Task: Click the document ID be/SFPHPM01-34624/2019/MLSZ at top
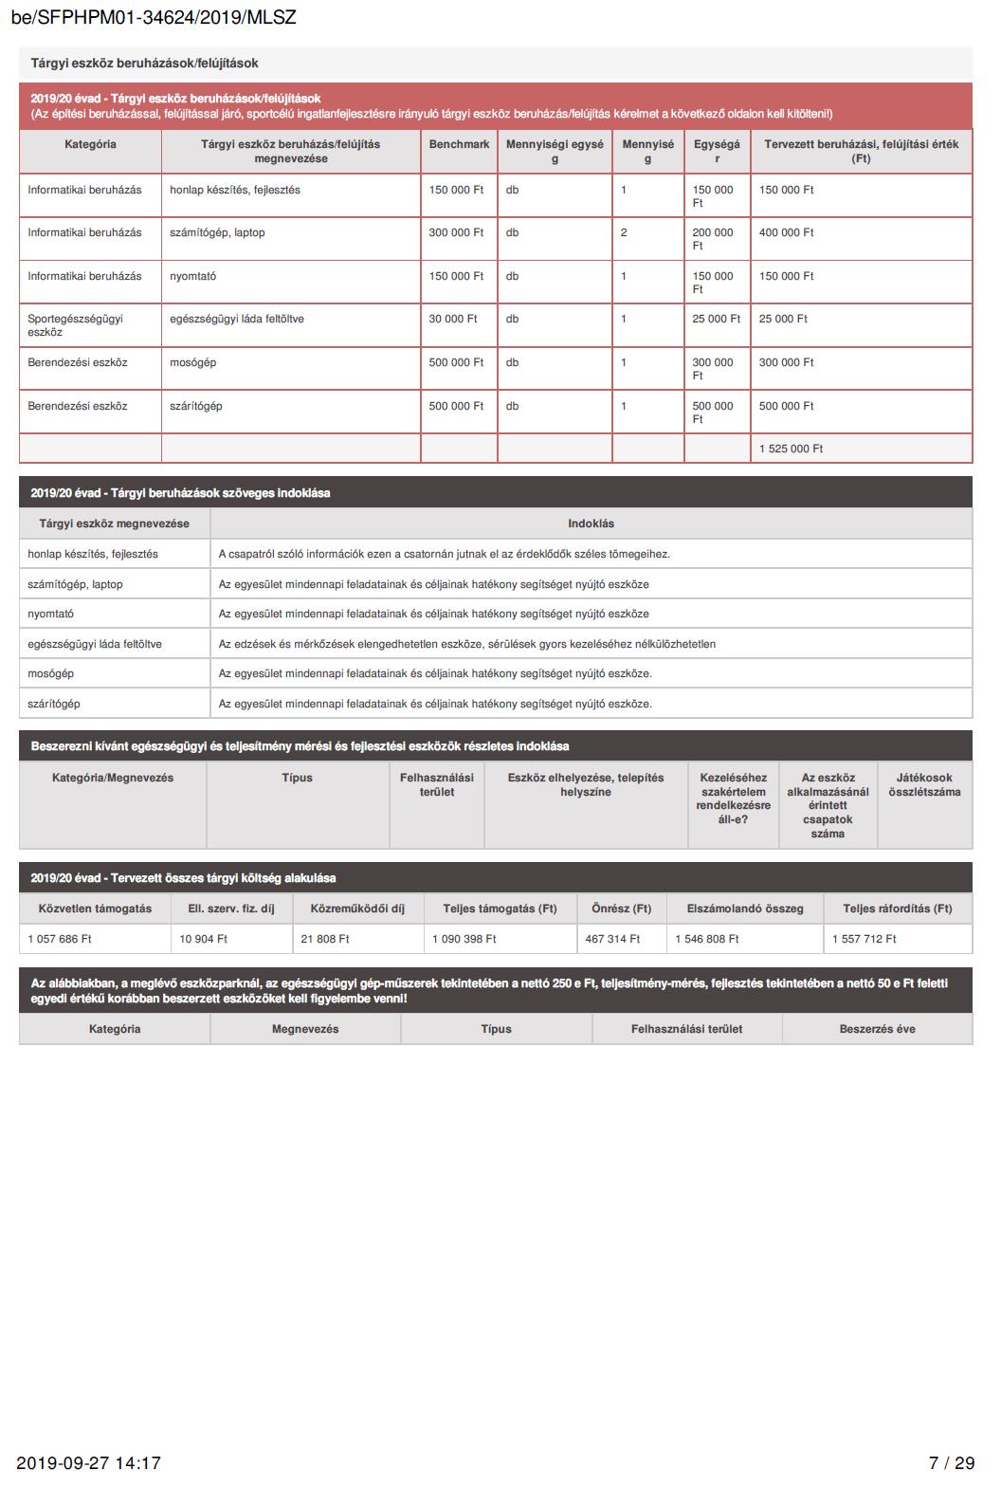tap(154, 18)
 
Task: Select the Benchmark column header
tap(459, 144)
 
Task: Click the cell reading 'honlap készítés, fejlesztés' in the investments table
tap(235, 190)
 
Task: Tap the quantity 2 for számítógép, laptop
tap(624, 232)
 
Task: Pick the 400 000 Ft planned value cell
tap(786, 232)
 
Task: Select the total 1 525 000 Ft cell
tap(791, 449)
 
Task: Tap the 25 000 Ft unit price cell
tap(716, 319)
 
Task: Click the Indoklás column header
tap(591, 523)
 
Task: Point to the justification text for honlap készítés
tap(444, 554)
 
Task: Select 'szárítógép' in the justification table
tap(54, 704)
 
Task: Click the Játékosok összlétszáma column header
tap(924, 784)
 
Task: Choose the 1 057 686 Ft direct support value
tap(60, 939)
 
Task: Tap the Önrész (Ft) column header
tap(621, 909)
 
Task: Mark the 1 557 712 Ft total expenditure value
tap(864, 939)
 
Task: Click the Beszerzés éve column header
tap(877, 1029)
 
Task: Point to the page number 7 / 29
tap(951, 1462)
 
